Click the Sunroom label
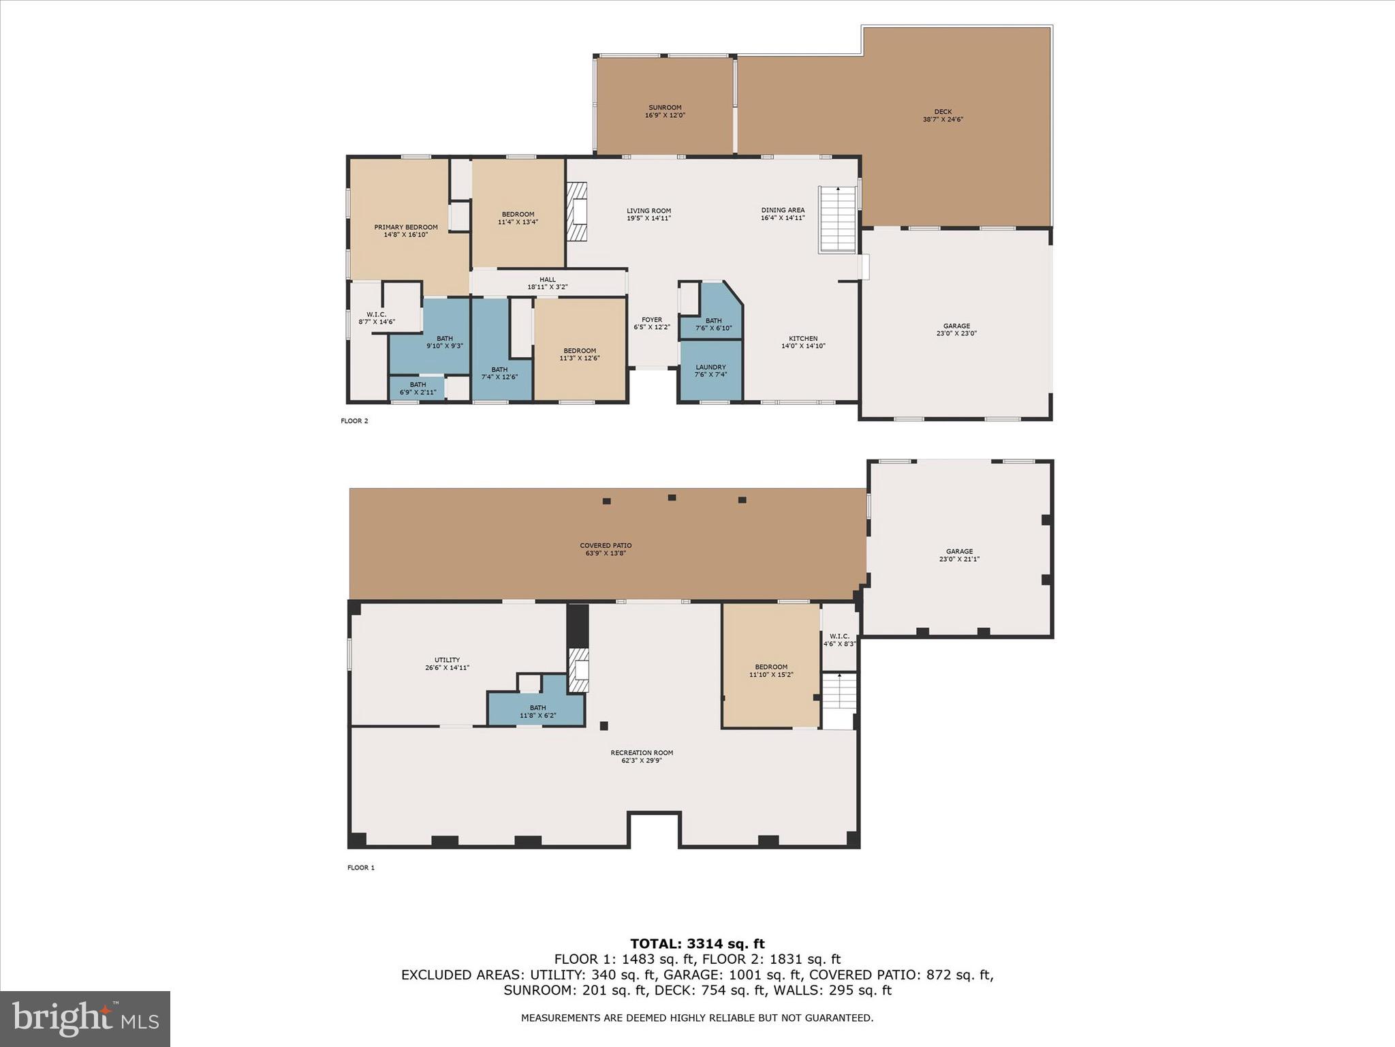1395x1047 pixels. tap(665, 111)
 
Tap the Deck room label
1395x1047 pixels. tap(943, 115)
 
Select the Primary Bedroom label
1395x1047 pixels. tap(406, 231)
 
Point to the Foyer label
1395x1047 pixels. tap(652, 323)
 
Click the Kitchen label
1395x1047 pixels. tap(803, 342)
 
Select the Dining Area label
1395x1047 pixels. tap(783, 214)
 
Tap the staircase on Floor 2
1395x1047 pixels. tap(837, 219)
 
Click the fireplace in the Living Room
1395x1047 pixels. tap(578, 211)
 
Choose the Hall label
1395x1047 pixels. tap(548, 283)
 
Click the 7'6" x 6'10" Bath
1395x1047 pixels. tap(711, 310)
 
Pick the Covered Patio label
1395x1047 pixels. tap(606, 549)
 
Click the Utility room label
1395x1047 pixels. tap(447, 663)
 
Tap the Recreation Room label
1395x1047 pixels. tap(642, 757)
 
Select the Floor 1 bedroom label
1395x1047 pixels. tap(771, 671)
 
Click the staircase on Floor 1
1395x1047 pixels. tap(838, 701)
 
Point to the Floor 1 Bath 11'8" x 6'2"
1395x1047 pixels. tap(537, 712)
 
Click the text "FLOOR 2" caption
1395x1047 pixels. tap(354, 421)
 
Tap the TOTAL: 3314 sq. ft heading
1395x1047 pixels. tap(697, 944)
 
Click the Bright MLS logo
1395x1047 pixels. tap(85, 1018)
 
